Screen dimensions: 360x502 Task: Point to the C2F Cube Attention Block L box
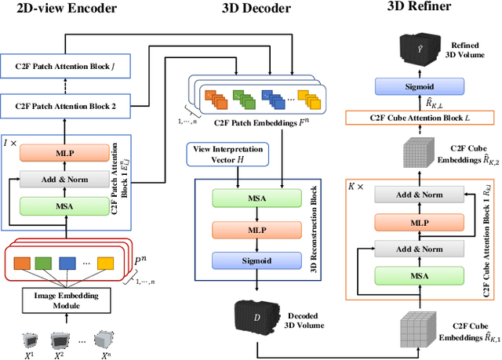tap(420, 118)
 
